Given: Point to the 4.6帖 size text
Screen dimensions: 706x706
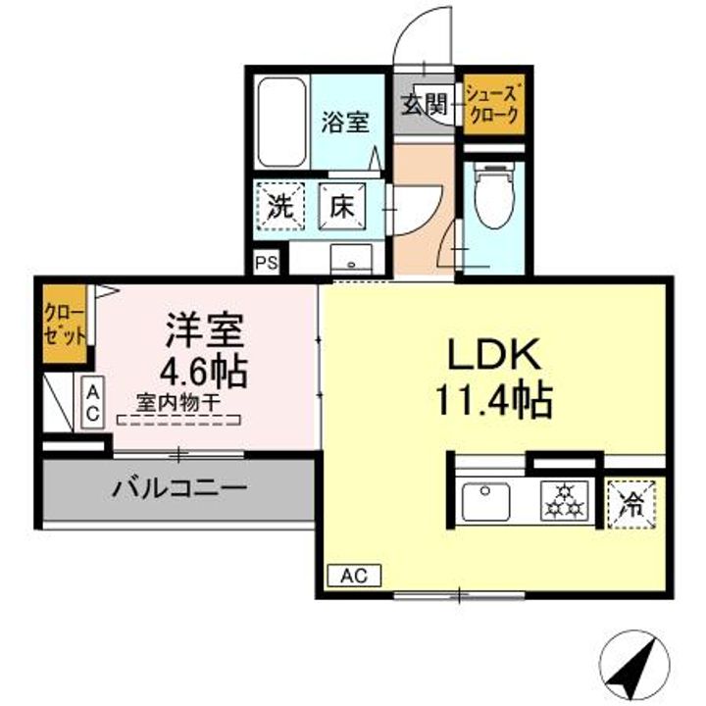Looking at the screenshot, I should pyautogui.click(x=205, y=372).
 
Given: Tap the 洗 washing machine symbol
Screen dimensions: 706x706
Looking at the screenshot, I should pyautogui.click(x=280, y=207).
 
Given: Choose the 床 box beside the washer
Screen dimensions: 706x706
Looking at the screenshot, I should pyautogui.click(x=342, y=207).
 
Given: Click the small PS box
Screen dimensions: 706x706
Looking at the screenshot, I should pyautogui.click(x=265, y=263).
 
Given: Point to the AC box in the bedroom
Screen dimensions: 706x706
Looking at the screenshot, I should pyautogui.click(x=90, y=404).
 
